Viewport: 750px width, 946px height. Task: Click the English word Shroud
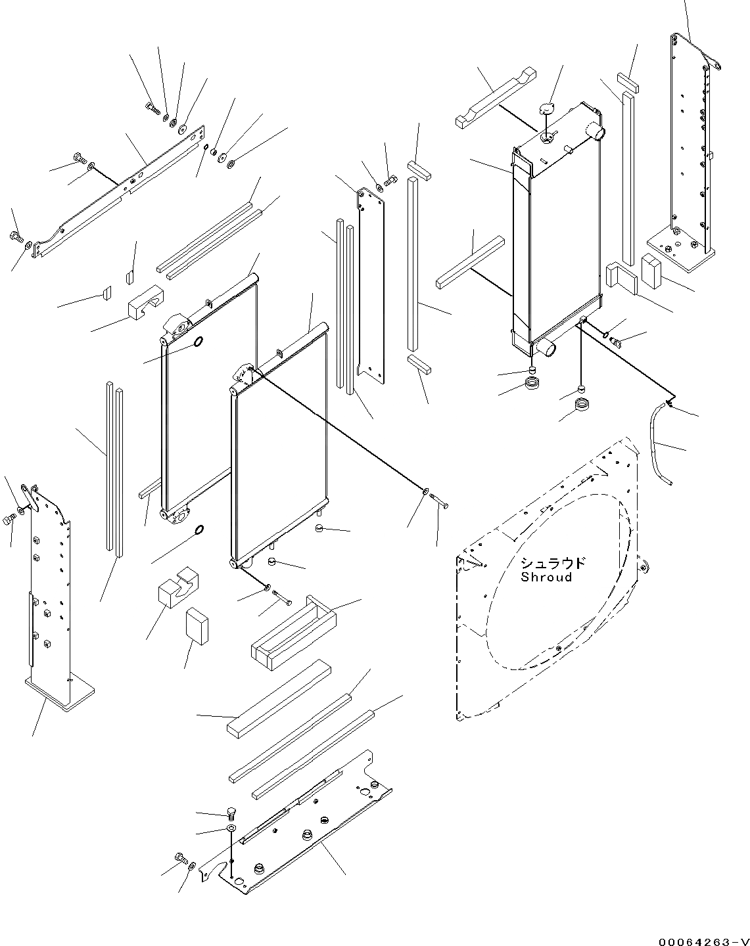(x=546, y=577)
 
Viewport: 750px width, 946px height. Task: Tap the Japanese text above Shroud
(x=552, y=564)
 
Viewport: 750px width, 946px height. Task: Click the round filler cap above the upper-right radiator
(x=547, y=109)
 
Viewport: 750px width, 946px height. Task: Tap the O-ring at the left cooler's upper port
(x=197, y=342)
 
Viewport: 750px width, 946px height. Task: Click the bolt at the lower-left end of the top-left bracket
(x=16, y=235)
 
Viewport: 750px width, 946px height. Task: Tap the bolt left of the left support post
(x=9, y=520)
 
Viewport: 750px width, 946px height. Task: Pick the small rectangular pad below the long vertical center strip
(x=418, y=364)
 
